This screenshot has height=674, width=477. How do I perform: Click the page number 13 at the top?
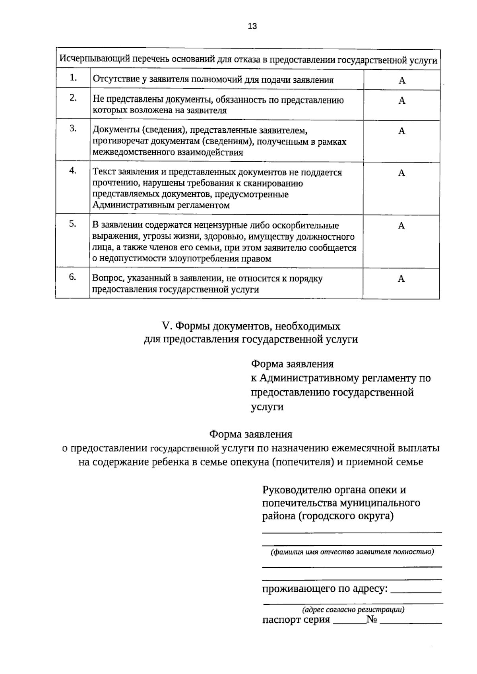[x=252, y=26]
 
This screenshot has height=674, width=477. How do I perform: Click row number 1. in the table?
[x=73, y=78]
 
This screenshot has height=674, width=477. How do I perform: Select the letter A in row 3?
[x=402, y=131]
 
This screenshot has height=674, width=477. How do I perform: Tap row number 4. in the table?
[x=73, y=170]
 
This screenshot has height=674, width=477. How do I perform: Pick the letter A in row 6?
[x=401, y=279]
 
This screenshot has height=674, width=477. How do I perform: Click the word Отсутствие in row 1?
[x=112, y=80]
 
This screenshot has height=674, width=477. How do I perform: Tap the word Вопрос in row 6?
[x=105, y=279]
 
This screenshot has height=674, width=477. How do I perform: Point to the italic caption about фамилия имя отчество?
[x=352, y=552]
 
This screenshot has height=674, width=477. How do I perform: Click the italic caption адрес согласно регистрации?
[x=353, y=609]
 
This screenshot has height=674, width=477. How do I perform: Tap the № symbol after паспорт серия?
[x=372, y=620]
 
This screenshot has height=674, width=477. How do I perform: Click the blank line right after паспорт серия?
[x=349, y=622]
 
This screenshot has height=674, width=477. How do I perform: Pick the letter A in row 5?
[x=401, y=226]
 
